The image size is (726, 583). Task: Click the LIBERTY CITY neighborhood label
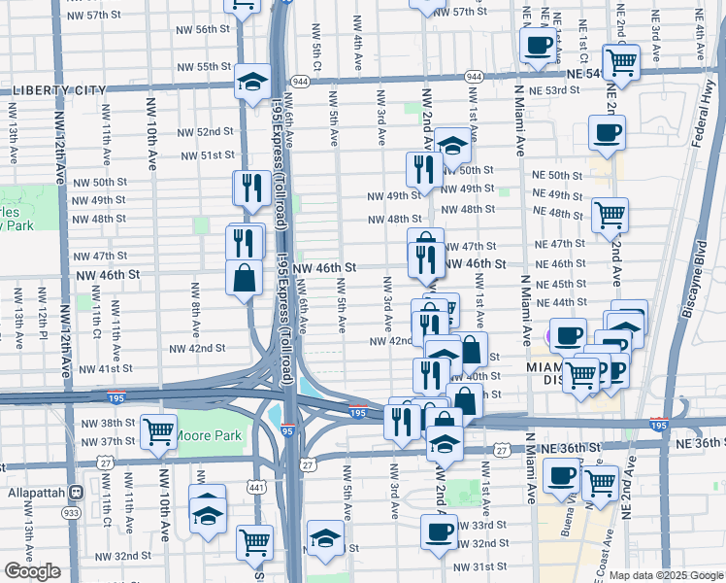(x=58, y=90)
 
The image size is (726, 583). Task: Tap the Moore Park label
(x=208, y=435)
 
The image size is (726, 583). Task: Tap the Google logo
(x=32, y=571)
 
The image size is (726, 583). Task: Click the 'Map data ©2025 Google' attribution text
(x=666, y=575)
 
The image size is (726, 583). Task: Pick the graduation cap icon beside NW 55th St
(x=253, y=82)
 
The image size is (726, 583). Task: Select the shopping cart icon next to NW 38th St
(x=158, y=430)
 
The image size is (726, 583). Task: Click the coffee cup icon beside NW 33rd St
(x=439, y=532)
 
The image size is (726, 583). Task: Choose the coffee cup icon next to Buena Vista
(x=562, y=477)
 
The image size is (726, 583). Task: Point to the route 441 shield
(x=256, y=487)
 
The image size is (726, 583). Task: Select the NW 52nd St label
(x=207, y=131)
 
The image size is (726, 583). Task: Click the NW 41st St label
(x=106, y=369)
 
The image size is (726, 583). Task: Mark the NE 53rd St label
(x=556, y=89)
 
